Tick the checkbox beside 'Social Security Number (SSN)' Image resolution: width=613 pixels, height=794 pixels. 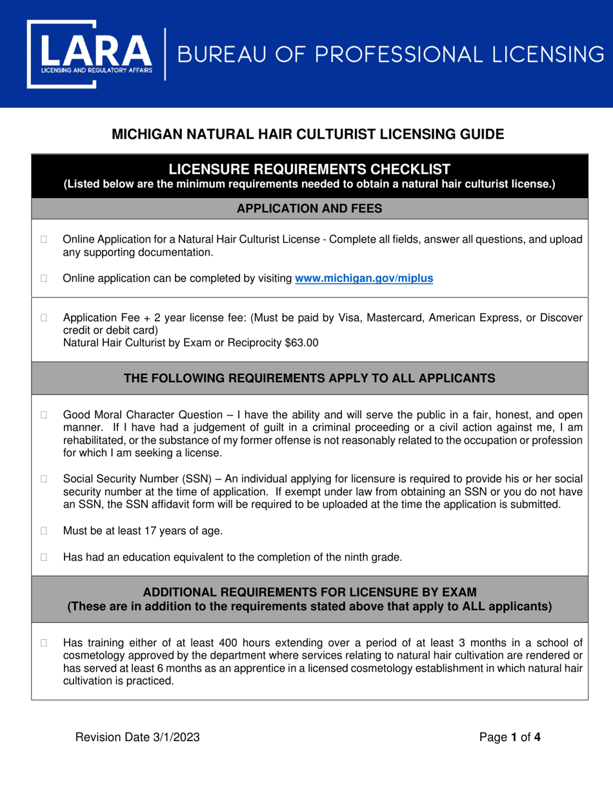(x=45, y=479)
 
